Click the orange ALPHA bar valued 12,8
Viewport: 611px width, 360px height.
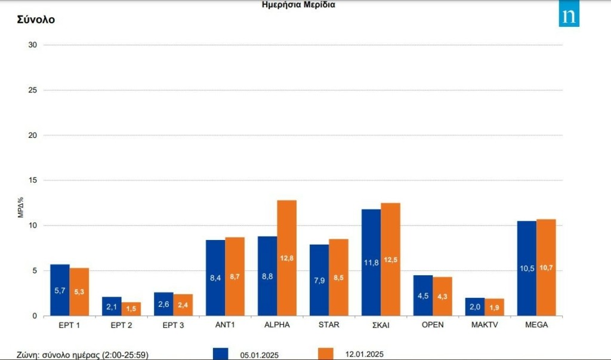[287, 258]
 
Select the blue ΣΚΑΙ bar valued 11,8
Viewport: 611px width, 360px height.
[371, 262]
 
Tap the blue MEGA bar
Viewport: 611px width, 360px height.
[527, 268]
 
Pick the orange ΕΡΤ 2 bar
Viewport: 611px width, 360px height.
[131, 309]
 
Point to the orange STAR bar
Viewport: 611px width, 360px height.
[338, 277]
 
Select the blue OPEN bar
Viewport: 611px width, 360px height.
[423, 295]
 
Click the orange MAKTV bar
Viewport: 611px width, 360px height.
[494, 307]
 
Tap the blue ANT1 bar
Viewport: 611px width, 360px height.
[215, 278]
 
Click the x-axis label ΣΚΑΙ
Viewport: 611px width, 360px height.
[380, 325]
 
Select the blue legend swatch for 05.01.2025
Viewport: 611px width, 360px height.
[220, 354]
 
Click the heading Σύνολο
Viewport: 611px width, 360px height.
[36, 19]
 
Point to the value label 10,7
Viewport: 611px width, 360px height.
[546, 268]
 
